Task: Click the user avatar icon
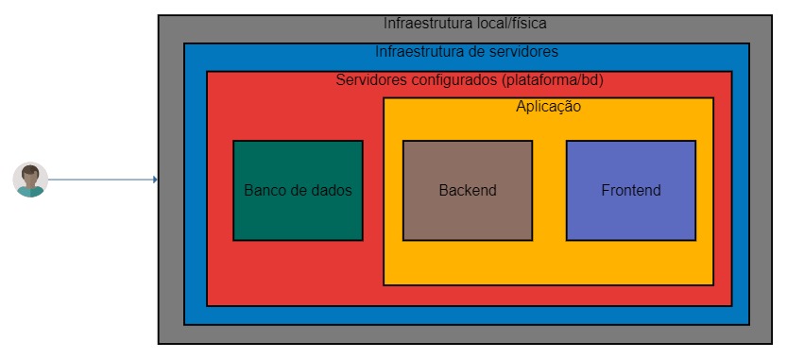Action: [x=30, y=180]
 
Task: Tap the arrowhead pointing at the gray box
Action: [x=154, y=179]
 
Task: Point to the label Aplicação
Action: [x=548, y=107]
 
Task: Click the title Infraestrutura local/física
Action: [x=465, y=23]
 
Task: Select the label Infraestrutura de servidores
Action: [x=466, y=51]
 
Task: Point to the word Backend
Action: [x=467, y=190]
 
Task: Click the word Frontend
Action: [x=630, y=190]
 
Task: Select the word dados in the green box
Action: [x=331, y=190]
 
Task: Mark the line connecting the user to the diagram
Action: [x=99, y=179]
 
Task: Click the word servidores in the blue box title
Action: [x=524, y=51]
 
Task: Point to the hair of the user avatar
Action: [x=30, y=169]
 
